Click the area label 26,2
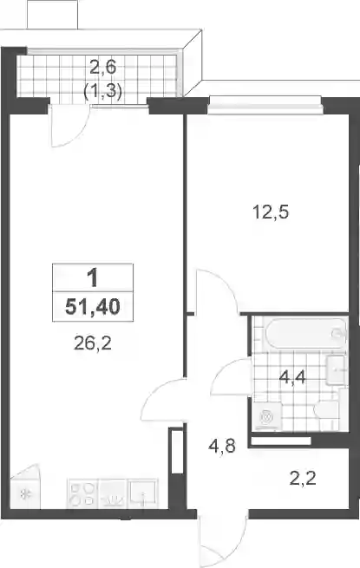[93, 343]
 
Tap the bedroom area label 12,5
[271, 212]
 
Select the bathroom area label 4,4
[292, 379]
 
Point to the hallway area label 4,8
[222, 446]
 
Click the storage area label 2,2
[303, 479]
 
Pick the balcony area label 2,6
[102, 68]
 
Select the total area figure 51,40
[93, 308]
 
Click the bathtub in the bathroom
[305, 333]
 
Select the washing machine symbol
[268, 416]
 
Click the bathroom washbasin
[336, 369]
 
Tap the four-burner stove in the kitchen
[82, 494]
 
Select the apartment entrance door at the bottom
[222, 539]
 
